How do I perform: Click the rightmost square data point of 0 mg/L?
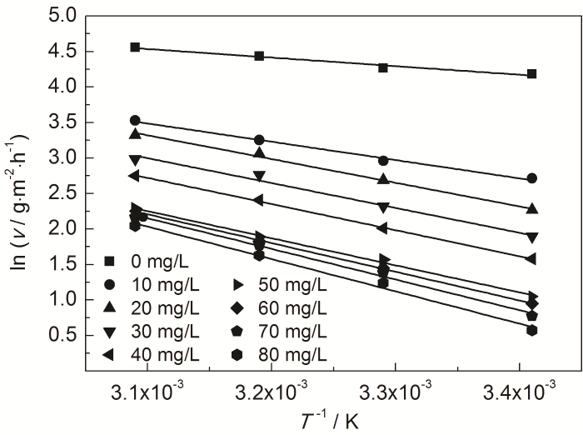coord(531,74)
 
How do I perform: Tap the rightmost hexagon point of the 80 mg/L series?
coord(531,330)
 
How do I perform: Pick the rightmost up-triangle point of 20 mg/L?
coord(531,208)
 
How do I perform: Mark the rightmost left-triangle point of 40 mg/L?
coord(531,258)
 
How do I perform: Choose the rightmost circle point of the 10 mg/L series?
coord(531,178)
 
